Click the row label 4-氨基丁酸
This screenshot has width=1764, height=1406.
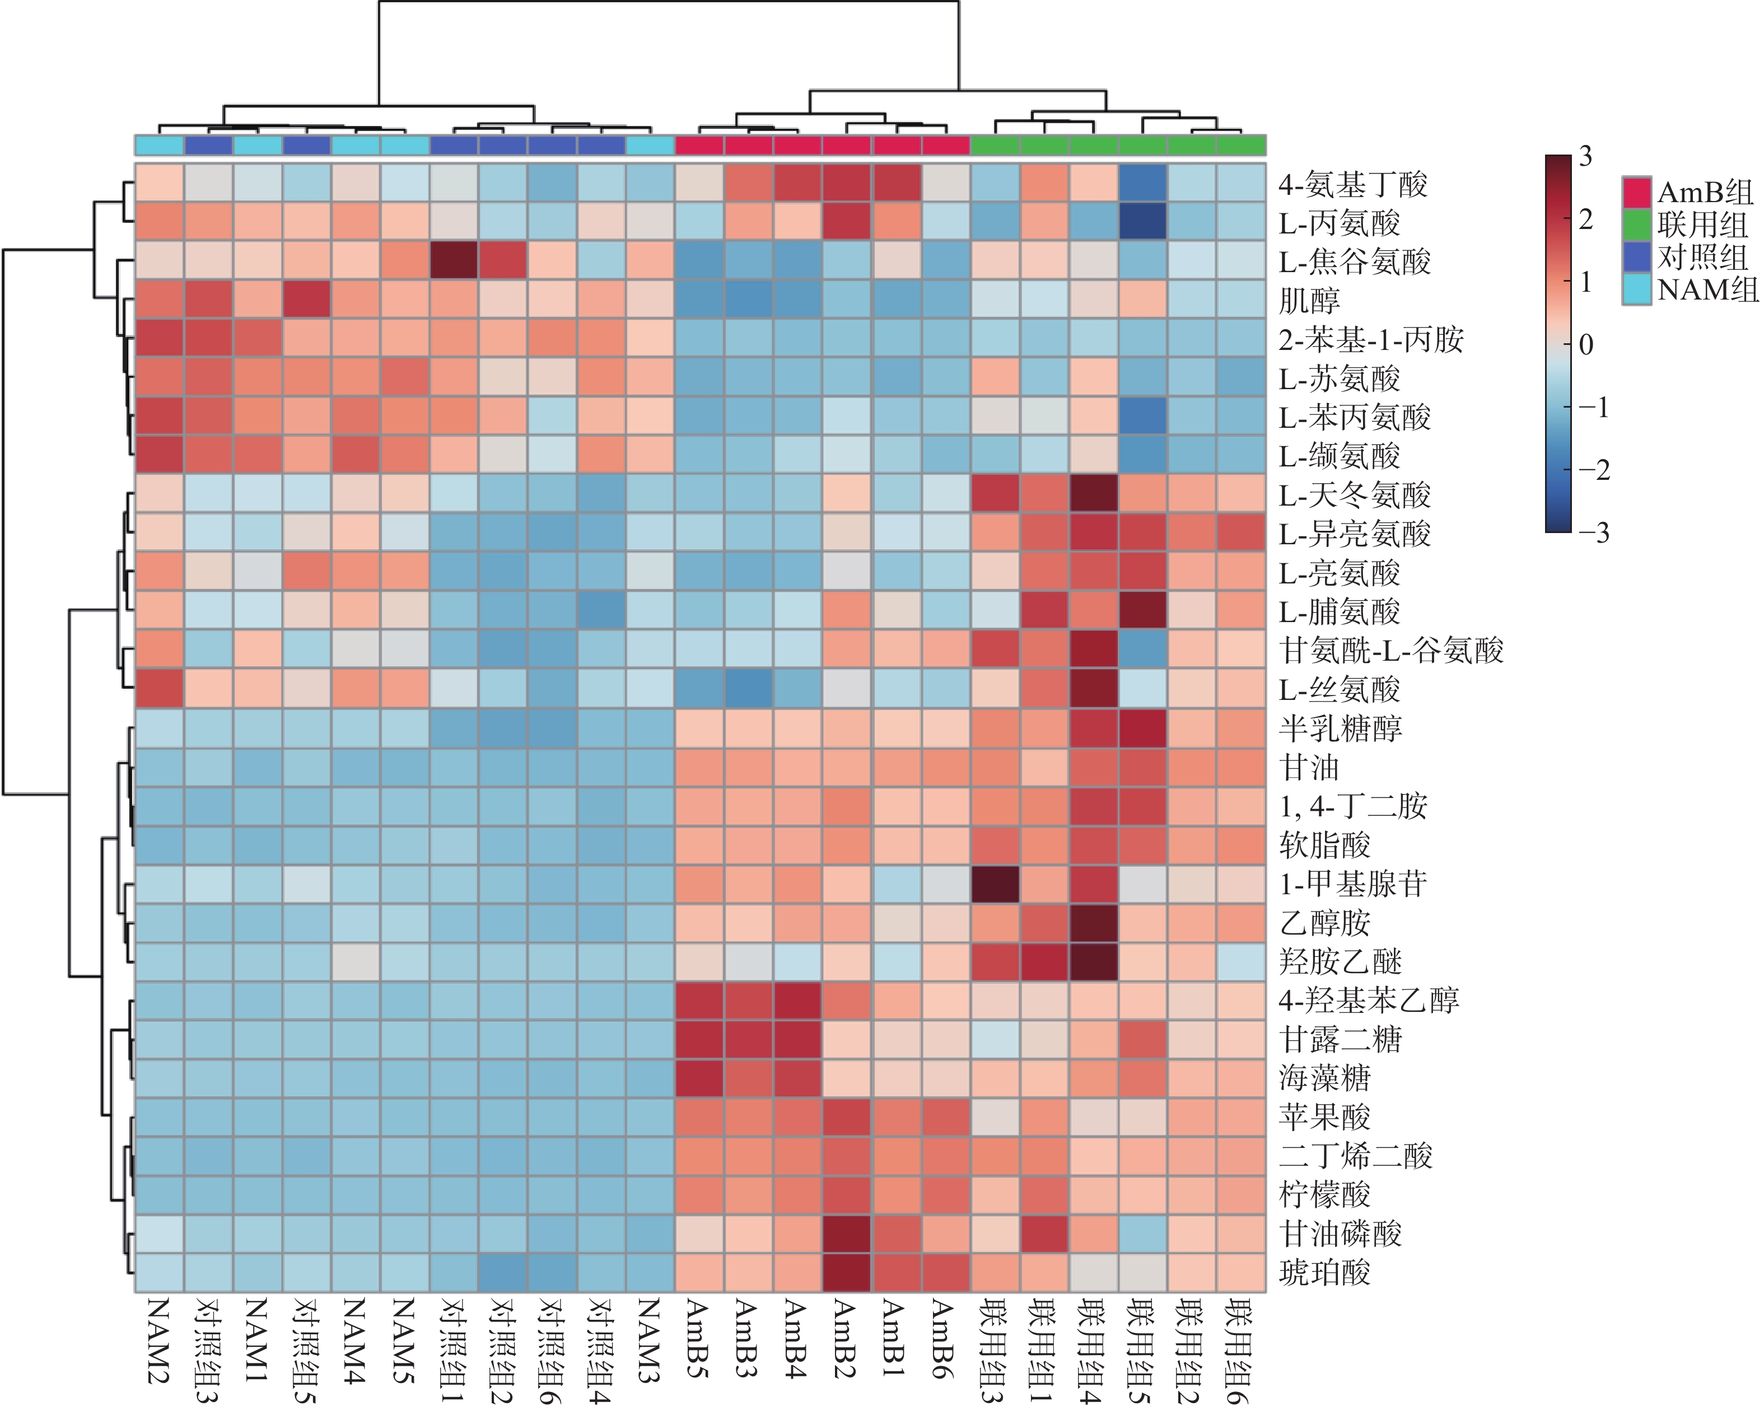(1352, 184)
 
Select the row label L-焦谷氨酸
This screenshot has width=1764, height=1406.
(1354, 261)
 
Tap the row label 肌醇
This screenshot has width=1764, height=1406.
(1309, 300)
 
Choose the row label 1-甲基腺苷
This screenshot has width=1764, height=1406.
(1352, 884)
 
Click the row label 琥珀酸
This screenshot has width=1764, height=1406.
(1324, 1273)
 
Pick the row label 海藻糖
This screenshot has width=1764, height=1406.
(1324, 1078)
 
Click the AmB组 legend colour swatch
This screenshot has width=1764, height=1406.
(1636, 192)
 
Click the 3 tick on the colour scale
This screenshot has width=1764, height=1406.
(1585, 156)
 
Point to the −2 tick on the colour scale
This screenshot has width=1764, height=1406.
(1592, 469)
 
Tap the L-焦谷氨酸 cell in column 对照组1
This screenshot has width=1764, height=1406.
(454, 261)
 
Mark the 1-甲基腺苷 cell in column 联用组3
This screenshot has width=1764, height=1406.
(995, 884)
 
